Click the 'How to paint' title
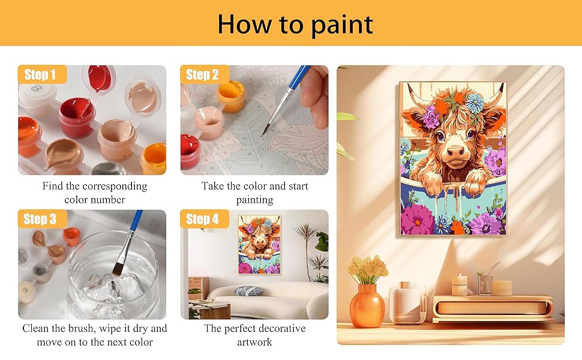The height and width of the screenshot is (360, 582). click(295, 24)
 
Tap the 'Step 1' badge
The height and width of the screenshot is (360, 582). click(40, 75)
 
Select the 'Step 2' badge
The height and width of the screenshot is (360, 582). click(202, 75)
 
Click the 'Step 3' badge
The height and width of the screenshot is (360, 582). click(40, 219)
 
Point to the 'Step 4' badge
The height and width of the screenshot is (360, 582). click(202, 219)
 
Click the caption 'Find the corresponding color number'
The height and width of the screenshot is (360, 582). click(94, 193)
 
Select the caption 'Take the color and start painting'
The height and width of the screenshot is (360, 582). click(254, 193)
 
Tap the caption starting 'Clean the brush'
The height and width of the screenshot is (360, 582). click(94, 335)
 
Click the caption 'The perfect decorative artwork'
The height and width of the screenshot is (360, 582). click(254, 335)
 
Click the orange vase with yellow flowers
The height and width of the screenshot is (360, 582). click(367, 305)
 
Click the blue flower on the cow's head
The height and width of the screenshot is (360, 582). click(475, 103)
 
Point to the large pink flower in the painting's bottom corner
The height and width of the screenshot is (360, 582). click(418, 219)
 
